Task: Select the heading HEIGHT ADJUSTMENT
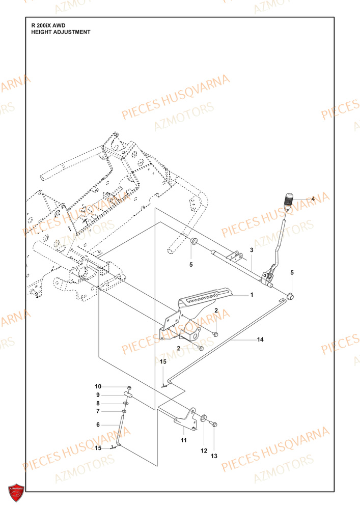point(61,32)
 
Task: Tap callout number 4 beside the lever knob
point(313,199)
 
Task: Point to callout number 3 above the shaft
point(251,250)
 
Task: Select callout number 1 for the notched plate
point(251,295)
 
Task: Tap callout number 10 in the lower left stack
point(98,386)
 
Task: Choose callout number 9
point(98,394)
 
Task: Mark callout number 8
point(98,403)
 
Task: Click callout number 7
point(98,411)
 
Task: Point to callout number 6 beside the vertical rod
point(98,424)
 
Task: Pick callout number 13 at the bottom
point(214,456)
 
